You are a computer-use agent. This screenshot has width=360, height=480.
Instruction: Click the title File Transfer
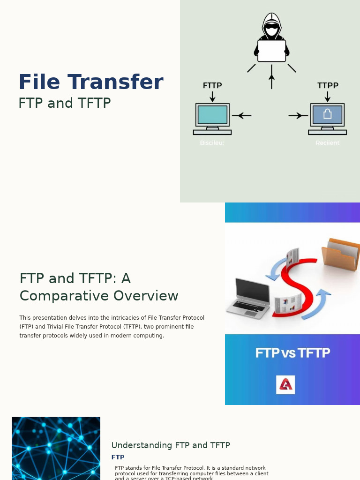pos(91,82)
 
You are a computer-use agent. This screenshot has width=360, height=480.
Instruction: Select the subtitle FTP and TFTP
pos(65,103)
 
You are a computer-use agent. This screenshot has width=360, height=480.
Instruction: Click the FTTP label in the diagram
pos(212,85)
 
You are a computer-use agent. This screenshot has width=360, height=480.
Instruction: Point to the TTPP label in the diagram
pos(328,85)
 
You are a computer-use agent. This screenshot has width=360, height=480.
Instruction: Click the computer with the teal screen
pos(212,118)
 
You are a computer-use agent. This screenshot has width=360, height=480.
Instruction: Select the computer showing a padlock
pos(327,118)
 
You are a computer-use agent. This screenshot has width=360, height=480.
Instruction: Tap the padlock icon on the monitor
pos(327,113)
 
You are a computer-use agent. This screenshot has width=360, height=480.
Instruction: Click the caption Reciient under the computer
pos(327,143)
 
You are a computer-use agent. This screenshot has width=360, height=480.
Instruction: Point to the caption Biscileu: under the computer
pos(212,143)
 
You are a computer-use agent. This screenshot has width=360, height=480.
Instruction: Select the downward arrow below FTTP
pos(212,96)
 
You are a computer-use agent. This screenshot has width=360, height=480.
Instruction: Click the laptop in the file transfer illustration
pos(248,299)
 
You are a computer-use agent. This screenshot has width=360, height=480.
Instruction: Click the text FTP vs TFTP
pos(292,353)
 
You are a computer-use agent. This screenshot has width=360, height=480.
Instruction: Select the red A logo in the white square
pos(285,385)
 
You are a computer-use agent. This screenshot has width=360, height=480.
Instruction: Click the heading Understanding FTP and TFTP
pos(171,445)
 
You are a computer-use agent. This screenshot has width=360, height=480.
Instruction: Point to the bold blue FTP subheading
pos(118,457)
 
